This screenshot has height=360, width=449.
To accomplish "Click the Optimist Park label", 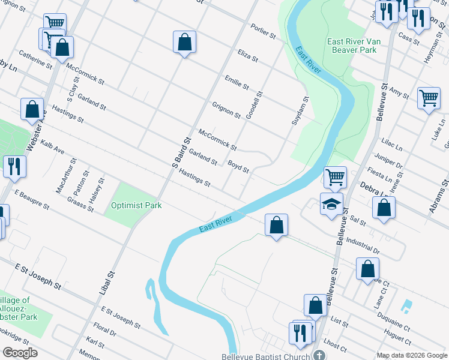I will tap(136, 205).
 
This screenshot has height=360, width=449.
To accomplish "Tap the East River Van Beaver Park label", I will tap(352, 46).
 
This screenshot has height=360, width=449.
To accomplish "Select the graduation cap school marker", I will tap(331, 205).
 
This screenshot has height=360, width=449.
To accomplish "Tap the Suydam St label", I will tap(304, 110).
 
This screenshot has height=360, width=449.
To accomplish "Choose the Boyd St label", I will tap(238, 166).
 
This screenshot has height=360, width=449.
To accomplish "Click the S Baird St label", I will tap(181, 152).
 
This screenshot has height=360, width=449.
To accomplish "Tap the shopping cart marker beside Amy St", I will tap(429, 97).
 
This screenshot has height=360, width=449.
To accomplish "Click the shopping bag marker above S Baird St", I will tap(184, 42).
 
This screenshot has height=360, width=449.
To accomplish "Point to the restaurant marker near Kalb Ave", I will tap(14, 166).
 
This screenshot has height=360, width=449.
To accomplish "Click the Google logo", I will tap(19, 352).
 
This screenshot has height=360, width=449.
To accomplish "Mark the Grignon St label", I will tap(226, 110).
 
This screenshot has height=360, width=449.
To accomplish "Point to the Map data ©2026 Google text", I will tap(411, 355).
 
